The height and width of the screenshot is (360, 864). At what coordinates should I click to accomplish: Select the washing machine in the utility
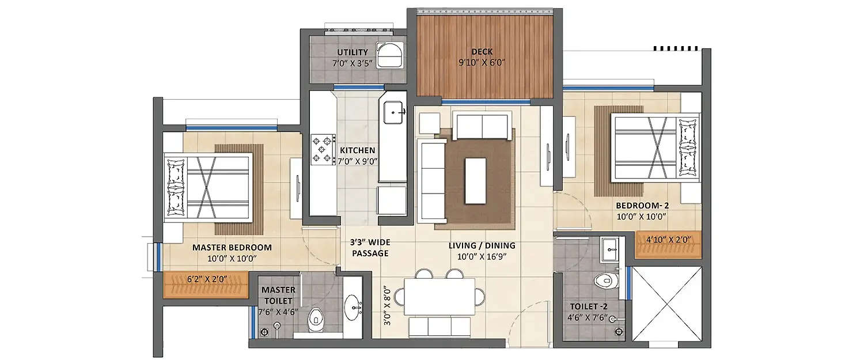click(389, 55)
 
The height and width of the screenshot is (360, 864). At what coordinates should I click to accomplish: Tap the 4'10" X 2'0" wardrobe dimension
click(668, 238)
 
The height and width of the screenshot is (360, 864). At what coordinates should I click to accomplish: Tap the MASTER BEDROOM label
click(232, 248)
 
